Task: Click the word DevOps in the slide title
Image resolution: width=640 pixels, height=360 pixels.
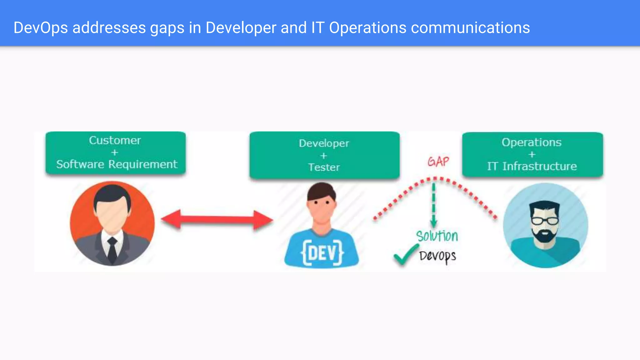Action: click(41, 27)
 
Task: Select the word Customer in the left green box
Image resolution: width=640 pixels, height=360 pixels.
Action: click(115, 140)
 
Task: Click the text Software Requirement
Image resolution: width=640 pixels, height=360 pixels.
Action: click(117, 164)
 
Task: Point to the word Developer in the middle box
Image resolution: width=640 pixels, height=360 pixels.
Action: click(324, 143)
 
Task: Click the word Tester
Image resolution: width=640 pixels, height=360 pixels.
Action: click(324, 167)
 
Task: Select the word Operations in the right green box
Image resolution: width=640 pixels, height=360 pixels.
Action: click(532, 142)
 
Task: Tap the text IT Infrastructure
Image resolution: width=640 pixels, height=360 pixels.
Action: click(532, 166)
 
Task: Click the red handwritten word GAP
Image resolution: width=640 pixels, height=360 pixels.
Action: click(438, 162)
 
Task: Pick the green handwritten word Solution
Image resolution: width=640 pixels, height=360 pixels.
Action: click(437, 236)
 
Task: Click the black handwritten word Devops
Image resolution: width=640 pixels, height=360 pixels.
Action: click(437, 256)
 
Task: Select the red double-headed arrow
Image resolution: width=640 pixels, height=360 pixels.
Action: click(217, 220)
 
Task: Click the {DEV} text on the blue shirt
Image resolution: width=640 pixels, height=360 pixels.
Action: click(322, 252)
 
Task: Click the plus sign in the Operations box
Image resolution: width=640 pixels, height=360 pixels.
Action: click(532, 154)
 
